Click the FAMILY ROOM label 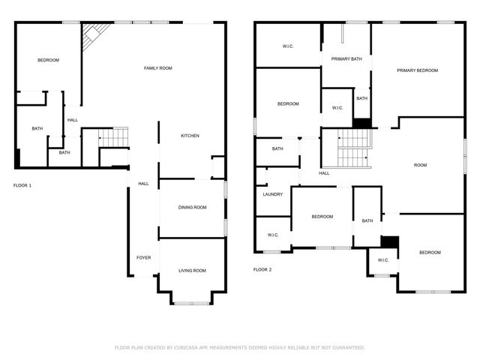158,68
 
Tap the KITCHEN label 190,136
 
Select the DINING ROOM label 192,207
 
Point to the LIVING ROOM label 192,270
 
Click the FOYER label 143,257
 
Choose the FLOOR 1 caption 22,184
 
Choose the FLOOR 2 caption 262,268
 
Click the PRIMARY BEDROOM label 418,70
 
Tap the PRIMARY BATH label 346,58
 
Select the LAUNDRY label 272,194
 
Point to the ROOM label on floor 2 420,165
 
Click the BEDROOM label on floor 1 49,60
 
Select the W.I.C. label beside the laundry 273,235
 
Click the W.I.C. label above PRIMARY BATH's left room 288,46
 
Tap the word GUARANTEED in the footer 345,348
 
